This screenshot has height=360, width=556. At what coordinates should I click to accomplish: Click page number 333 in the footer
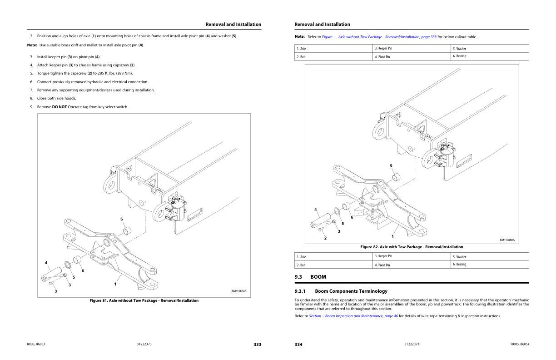pyautogui.click(x=257, y=345)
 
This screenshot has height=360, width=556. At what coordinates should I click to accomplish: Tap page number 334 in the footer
pyautogui.click(x=298, y=345)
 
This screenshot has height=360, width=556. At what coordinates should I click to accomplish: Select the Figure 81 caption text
pyautogui.click(x=144, y=300)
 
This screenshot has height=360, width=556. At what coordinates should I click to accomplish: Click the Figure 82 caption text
pyautogui.click(x=412, y=247)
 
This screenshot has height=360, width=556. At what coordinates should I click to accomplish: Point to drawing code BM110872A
pyautogui.click(x=239, y=291)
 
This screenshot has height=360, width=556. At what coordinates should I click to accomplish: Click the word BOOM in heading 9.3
pyautogui.click(x=318, y=277)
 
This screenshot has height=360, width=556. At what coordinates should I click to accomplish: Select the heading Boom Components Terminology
pyautogui.click(x=351, y=291)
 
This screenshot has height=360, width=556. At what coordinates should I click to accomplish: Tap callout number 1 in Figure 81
pyautogui.click(x=115, y=284)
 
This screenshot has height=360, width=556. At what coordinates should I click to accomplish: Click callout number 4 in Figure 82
pyautogui.click(x=315, y=210)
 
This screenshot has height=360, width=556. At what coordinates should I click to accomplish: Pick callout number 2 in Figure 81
pyautogui.click(x=56, y=291)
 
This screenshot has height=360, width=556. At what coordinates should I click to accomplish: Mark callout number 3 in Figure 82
pyautogui.click(x=338, y=231)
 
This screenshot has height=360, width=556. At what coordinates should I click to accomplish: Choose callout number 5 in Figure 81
pyautogui.click(x=74, y=277)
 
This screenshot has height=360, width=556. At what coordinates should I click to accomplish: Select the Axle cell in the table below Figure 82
pyautogui.click(x=302, y=257)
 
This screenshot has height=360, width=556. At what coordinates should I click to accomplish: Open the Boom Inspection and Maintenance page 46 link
pyautogui.click(x=353, y=316)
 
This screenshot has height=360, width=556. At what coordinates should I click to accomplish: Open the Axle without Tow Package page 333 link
pyautogui.click(x=379, y=37)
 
